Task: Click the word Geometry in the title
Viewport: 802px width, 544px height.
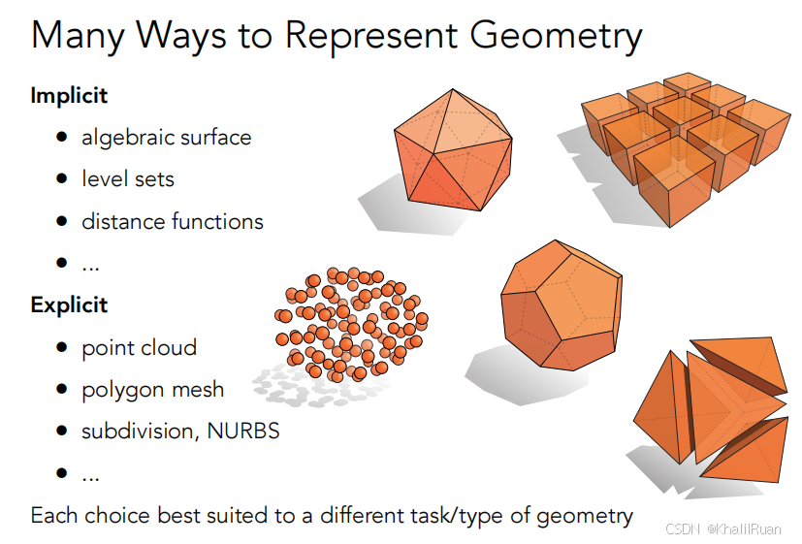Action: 556,36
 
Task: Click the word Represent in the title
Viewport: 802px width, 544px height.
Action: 371,36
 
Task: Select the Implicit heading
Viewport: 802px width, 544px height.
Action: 69,96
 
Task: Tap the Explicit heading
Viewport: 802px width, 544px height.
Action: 69,305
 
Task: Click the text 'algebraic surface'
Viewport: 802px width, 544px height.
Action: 167,138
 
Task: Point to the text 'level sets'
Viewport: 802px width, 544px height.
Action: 128,179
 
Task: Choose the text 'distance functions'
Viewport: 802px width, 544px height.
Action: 173,221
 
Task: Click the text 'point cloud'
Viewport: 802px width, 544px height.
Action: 139,348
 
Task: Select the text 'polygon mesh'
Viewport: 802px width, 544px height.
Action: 153,390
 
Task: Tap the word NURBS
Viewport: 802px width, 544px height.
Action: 243,431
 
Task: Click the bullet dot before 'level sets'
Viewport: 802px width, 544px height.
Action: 62,179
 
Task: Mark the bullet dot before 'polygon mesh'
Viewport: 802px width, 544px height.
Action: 62,389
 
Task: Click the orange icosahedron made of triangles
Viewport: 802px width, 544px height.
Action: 453,150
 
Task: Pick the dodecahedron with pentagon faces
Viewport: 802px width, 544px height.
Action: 561,305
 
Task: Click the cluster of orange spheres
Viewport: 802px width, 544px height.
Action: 351,325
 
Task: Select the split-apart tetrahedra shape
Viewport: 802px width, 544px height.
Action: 711,409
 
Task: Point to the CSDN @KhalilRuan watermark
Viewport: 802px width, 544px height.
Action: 723,529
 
